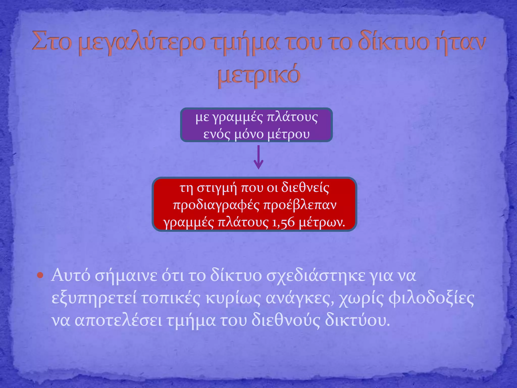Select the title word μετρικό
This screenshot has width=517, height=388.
259,75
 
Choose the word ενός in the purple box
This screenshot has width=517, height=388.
217,134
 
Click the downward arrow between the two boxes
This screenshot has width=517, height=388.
258,158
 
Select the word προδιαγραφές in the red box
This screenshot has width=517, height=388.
216,205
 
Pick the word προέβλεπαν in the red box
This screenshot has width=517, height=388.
300,205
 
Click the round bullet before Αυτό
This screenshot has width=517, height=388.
40,275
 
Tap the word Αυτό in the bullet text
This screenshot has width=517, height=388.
70,276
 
